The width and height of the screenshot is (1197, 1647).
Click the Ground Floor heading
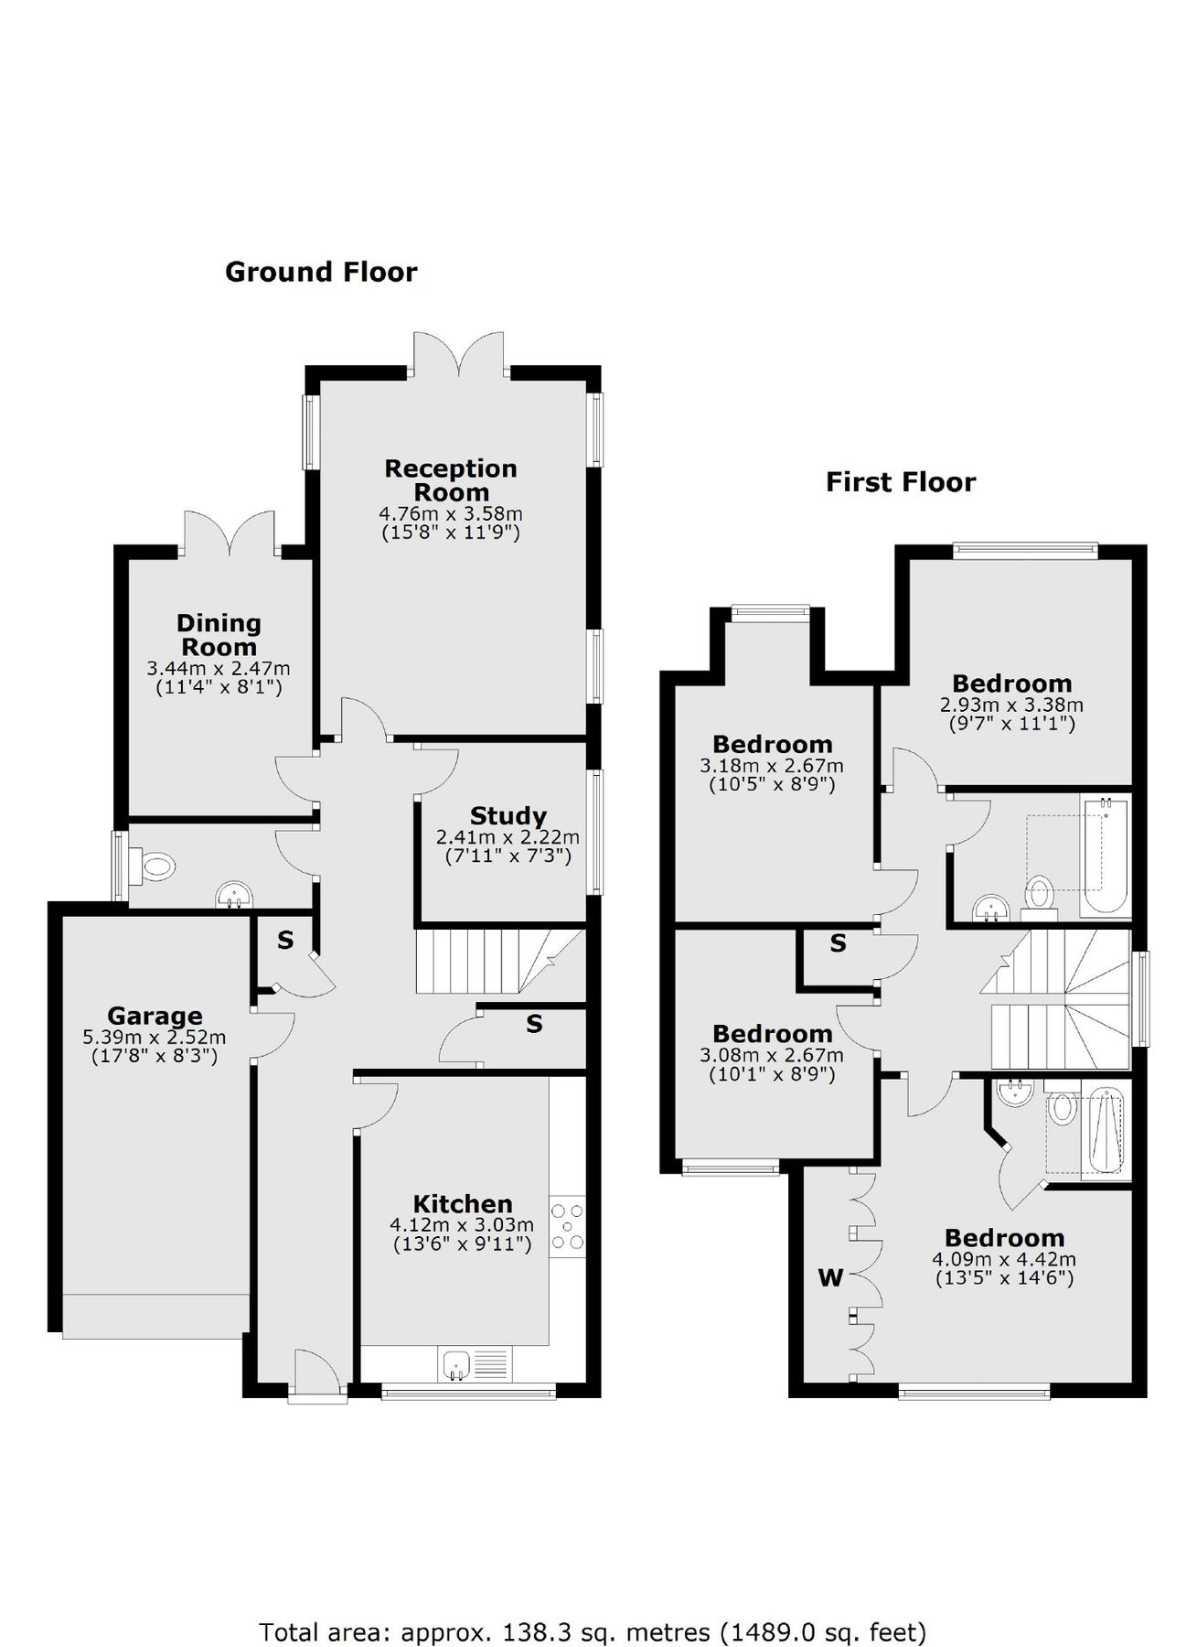[321, 272]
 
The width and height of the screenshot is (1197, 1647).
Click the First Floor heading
[901, 482]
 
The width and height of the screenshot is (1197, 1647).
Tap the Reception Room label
[451, 480]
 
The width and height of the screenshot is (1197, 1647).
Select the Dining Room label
[219, 635]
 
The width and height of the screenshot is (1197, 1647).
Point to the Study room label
[508, 815]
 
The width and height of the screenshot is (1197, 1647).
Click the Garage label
[155, 1016]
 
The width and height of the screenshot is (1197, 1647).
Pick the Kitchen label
[463, 1203]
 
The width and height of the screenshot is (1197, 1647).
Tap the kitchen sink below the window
[456, 1365]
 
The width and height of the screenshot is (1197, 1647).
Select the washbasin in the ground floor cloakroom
[235, 893]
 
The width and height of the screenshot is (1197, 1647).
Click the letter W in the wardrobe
[830, 1278]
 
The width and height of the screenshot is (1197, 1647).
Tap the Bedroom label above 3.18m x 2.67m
[773, 744]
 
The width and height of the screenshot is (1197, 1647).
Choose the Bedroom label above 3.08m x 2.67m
[773, 1034]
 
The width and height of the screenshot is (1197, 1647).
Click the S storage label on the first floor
[838, 943]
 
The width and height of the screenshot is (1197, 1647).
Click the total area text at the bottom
[593, 1606]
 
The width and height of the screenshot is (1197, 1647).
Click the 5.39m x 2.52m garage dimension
[155, 1038]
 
